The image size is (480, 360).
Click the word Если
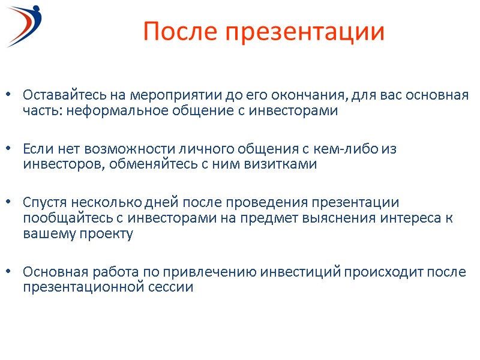(x=36, y=148)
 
